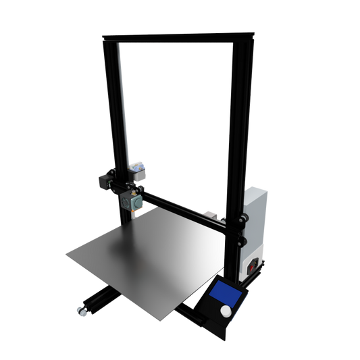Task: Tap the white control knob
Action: (224, 311)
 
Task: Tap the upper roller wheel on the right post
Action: (242, 220)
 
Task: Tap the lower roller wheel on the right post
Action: (241, 241)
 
